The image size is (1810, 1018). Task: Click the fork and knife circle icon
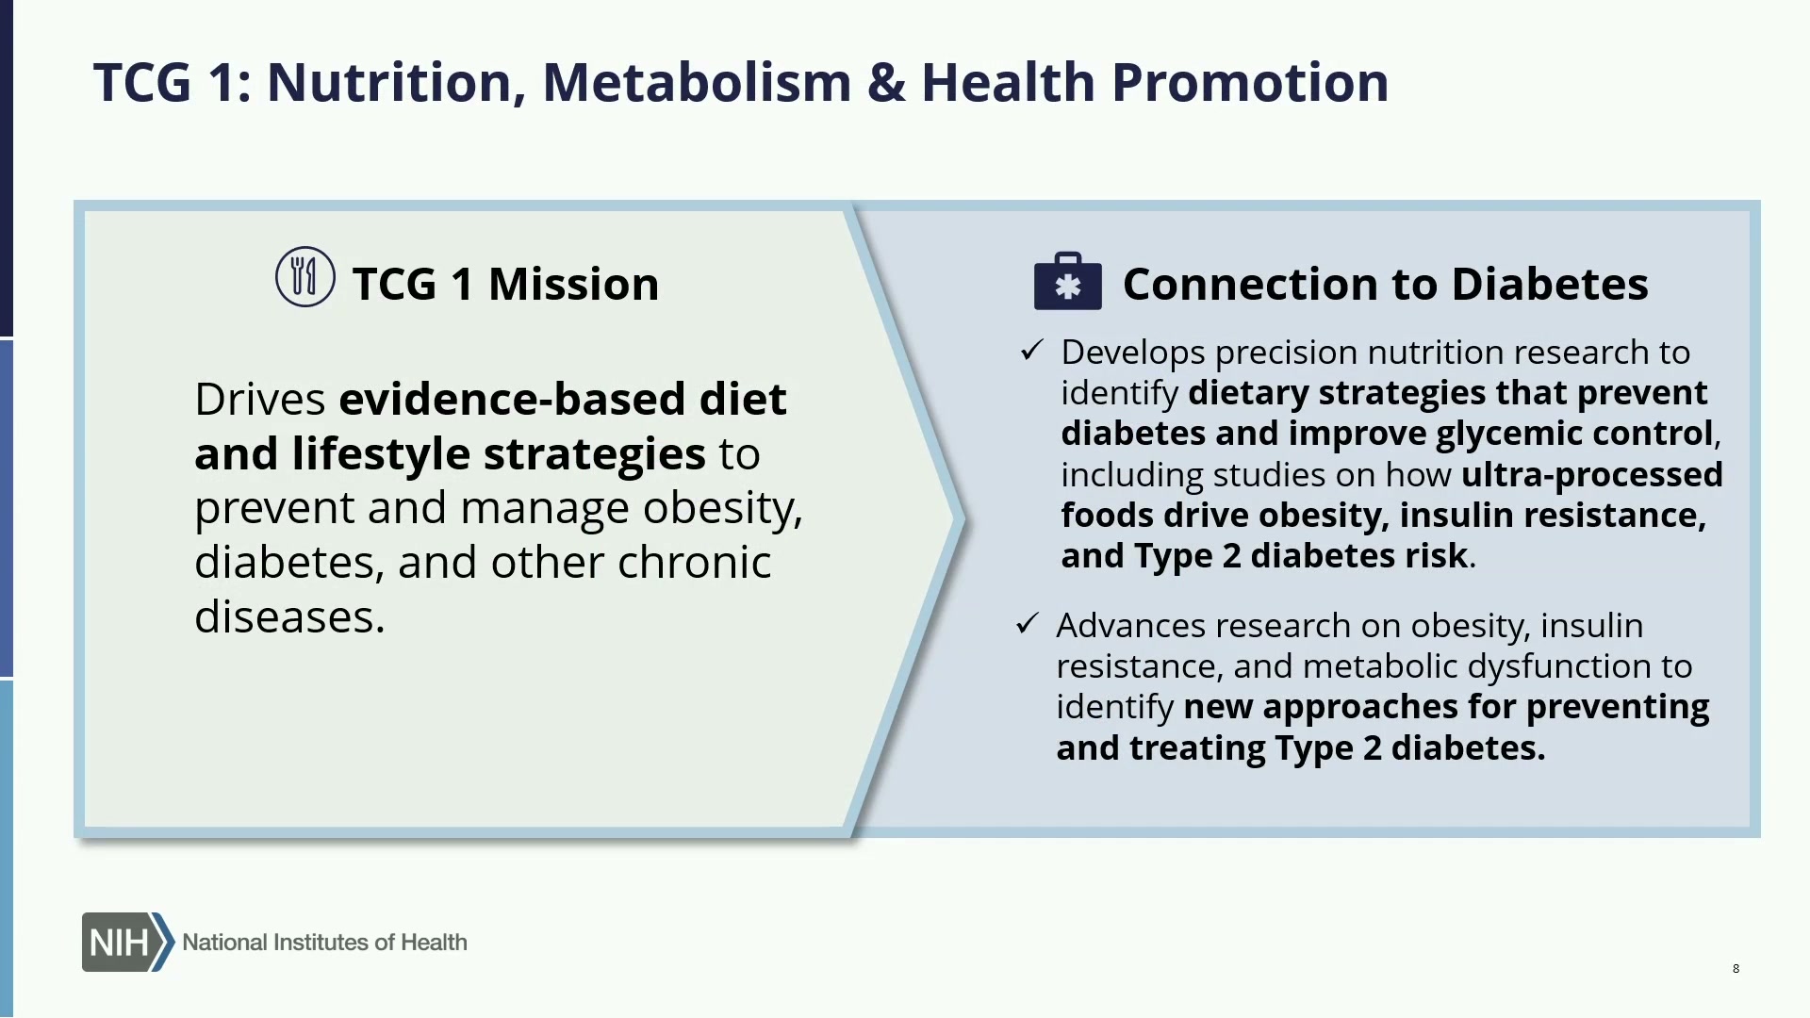(304, 276)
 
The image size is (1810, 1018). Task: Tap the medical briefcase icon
(1067, 281)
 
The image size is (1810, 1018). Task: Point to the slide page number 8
(1736, 968)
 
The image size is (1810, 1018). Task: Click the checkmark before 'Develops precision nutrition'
(1032, 351)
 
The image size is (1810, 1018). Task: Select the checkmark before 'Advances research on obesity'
(1028, 623)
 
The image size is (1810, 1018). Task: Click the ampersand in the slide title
(886, 82)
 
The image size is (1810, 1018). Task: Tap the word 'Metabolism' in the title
(698, 82)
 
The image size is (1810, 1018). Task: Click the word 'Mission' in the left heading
(573, 284)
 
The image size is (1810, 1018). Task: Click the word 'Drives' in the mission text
(260, 399)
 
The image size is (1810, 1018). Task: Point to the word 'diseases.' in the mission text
(290, 616)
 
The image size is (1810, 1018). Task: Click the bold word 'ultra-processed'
(1592, 474)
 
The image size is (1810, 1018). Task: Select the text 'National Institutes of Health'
(324, 942)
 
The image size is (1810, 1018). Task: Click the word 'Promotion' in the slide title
(1249, 82)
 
